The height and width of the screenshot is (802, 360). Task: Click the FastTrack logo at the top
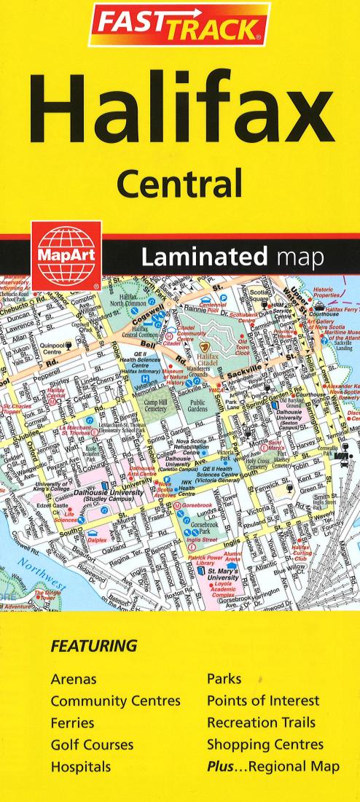coord(179,26)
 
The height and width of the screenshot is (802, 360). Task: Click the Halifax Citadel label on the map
coord(214,359)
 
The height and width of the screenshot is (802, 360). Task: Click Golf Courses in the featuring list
coord(92,745)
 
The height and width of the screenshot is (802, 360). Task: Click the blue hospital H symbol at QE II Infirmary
coord(144,378)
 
